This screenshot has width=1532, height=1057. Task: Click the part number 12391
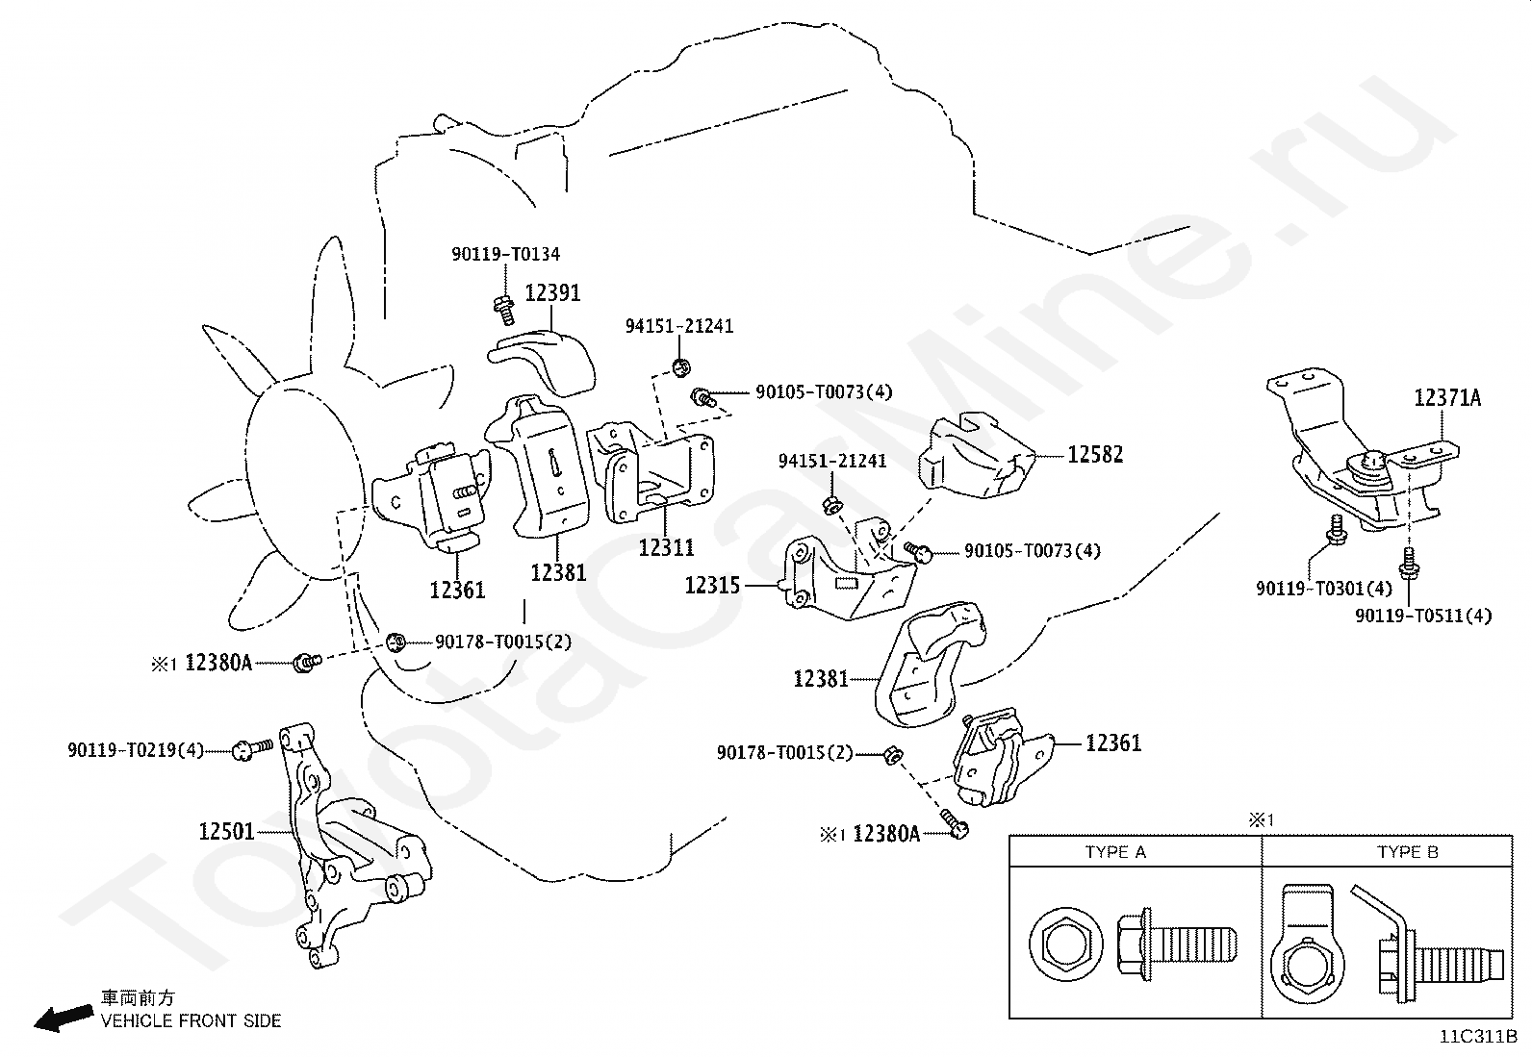[x=552, y=292]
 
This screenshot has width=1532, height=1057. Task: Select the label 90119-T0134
[x=505, y=255]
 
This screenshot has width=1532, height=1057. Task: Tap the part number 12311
[x=666, y=547]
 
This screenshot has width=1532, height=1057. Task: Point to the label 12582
[x=1095, y=454]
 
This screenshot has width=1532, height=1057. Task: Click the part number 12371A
[x=1447, y=397]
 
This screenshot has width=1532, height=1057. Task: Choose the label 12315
[x=712, y=585]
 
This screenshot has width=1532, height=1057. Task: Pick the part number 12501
[x=226, y=831]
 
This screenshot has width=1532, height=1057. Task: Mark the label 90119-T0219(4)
[x=136, y=750]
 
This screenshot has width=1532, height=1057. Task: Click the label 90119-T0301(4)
[x=1324, y=588]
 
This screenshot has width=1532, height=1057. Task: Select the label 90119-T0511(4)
[x=1423, y=616]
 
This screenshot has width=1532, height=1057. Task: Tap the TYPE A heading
[x=1115, y=852]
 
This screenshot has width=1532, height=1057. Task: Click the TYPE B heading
[x=1407, y=852]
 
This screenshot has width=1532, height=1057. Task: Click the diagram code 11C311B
[x=1478, y=1038]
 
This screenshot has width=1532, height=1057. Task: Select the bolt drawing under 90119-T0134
[x=502, y=307]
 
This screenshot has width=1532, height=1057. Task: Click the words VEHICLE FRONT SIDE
[x=191, y=1020]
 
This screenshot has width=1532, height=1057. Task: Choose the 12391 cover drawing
[x=544, y=358]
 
